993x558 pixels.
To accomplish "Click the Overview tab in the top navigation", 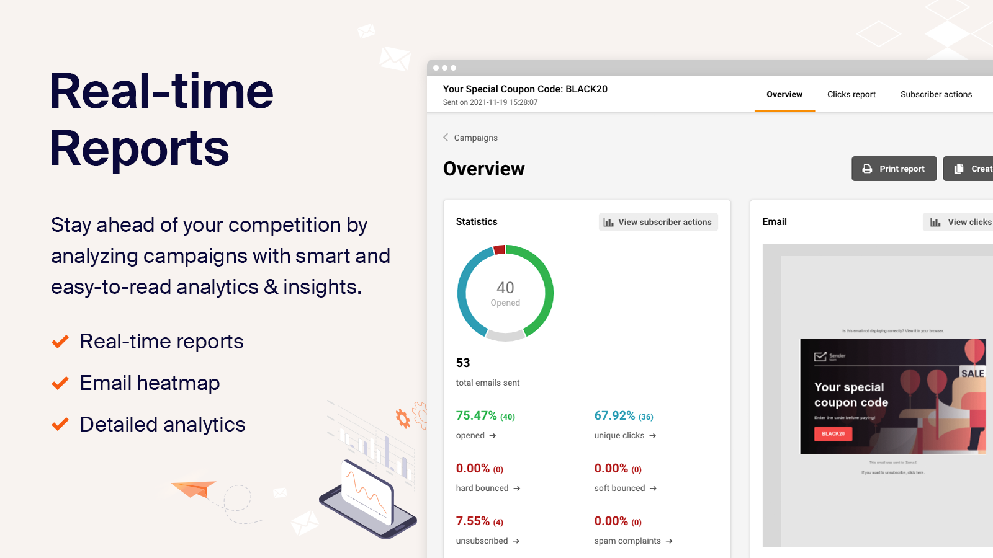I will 784,95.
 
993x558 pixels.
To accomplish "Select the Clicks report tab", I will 851,95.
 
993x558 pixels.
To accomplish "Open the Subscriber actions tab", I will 936,95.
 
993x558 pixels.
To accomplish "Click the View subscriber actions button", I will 658,222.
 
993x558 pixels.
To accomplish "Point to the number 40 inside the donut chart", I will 505,288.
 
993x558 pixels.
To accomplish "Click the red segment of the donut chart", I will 499,250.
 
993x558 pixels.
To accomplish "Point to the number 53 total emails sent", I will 463,363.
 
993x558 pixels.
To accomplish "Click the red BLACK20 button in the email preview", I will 833,434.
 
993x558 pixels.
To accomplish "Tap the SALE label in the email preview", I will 973,373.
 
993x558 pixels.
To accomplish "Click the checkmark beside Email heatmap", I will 60,384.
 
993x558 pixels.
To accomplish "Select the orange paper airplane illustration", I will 194,489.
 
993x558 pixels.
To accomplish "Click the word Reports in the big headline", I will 140,149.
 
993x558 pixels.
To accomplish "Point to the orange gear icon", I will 403,418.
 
